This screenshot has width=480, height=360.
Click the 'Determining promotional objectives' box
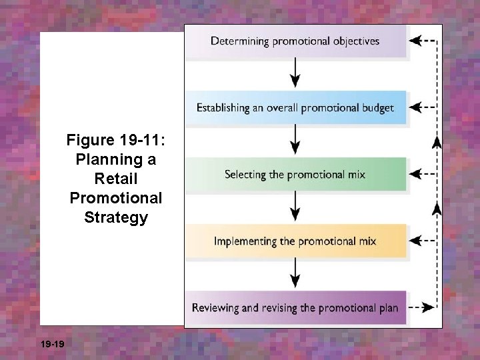(x=295, y=41)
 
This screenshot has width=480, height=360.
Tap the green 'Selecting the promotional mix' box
(x=295, y=175)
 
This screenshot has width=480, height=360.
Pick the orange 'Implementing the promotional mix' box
(x=295, y=241)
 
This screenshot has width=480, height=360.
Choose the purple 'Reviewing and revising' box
(x=295, y=308)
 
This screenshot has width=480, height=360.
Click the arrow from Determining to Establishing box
(x=295, y=73)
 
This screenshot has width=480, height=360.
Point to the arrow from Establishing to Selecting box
(x=295, y=140)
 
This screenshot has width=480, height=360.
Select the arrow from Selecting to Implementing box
(x=295, y=207)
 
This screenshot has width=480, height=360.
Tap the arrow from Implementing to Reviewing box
(x=295, y=274)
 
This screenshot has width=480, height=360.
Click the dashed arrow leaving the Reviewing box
(x=421, y=308)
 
